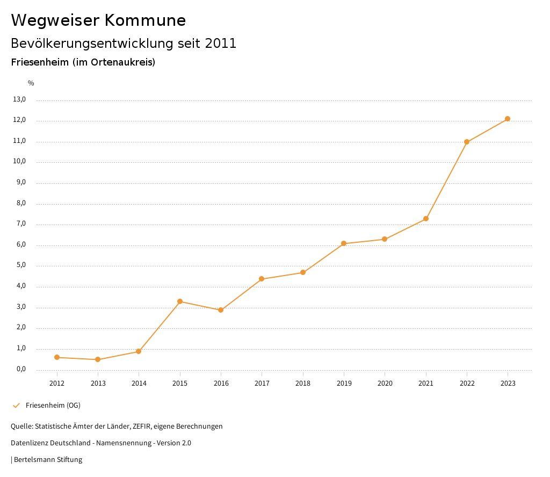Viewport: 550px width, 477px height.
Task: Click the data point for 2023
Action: [508, 119]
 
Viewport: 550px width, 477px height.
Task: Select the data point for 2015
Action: [180, 301]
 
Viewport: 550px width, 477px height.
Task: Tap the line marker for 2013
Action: [98, 359]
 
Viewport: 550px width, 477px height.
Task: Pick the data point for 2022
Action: [467, 142]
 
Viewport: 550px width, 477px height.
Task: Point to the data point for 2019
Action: [344, 243]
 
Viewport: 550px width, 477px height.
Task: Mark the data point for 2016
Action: [221, 310]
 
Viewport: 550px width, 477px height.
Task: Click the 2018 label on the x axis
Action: [303, 383]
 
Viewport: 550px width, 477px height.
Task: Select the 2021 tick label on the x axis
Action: [426, 383]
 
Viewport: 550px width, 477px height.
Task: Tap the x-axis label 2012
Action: [57, 383]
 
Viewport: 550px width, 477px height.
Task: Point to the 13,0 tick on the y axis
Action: [19, 99]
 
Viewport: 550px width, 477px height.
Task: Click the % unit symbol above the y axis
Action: [31, 83]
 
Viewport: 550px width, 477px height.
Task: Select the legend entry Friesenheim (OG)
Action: [53, 405]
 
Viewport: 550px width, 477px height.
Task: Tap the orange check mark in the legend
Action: [16, 405]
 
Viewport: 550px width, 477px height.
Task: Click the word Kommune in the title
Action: [145, 20]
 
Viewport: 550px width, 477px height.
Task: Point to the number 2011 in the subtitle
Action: [221, 44]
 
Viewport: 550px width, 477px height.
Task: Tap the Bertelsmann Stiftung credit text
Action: [48, 460]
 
